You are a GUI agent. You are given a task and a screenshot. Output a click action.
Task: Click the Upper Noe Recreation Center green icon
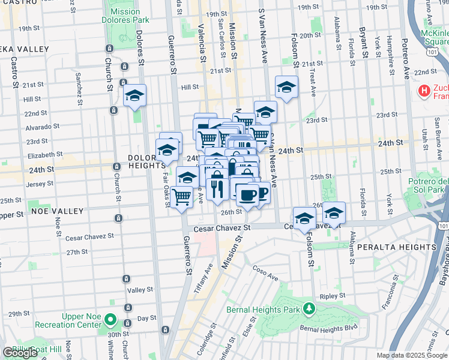[110, 320]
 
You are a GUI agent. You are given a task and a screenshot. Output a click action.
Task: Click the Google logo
[20, 353]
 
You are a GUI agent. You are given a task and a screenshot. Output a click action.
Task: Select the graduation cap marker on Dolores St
[134, 96]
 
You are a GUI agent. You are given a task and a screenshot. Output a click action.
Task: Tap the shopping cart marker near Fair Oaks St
[181, 197]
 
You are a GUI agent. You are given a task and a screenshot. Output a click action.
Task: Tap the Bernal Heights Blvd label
[324, 329]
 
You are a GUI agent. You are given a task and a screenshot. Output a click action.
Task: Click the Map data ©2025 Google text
[411, 355]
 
